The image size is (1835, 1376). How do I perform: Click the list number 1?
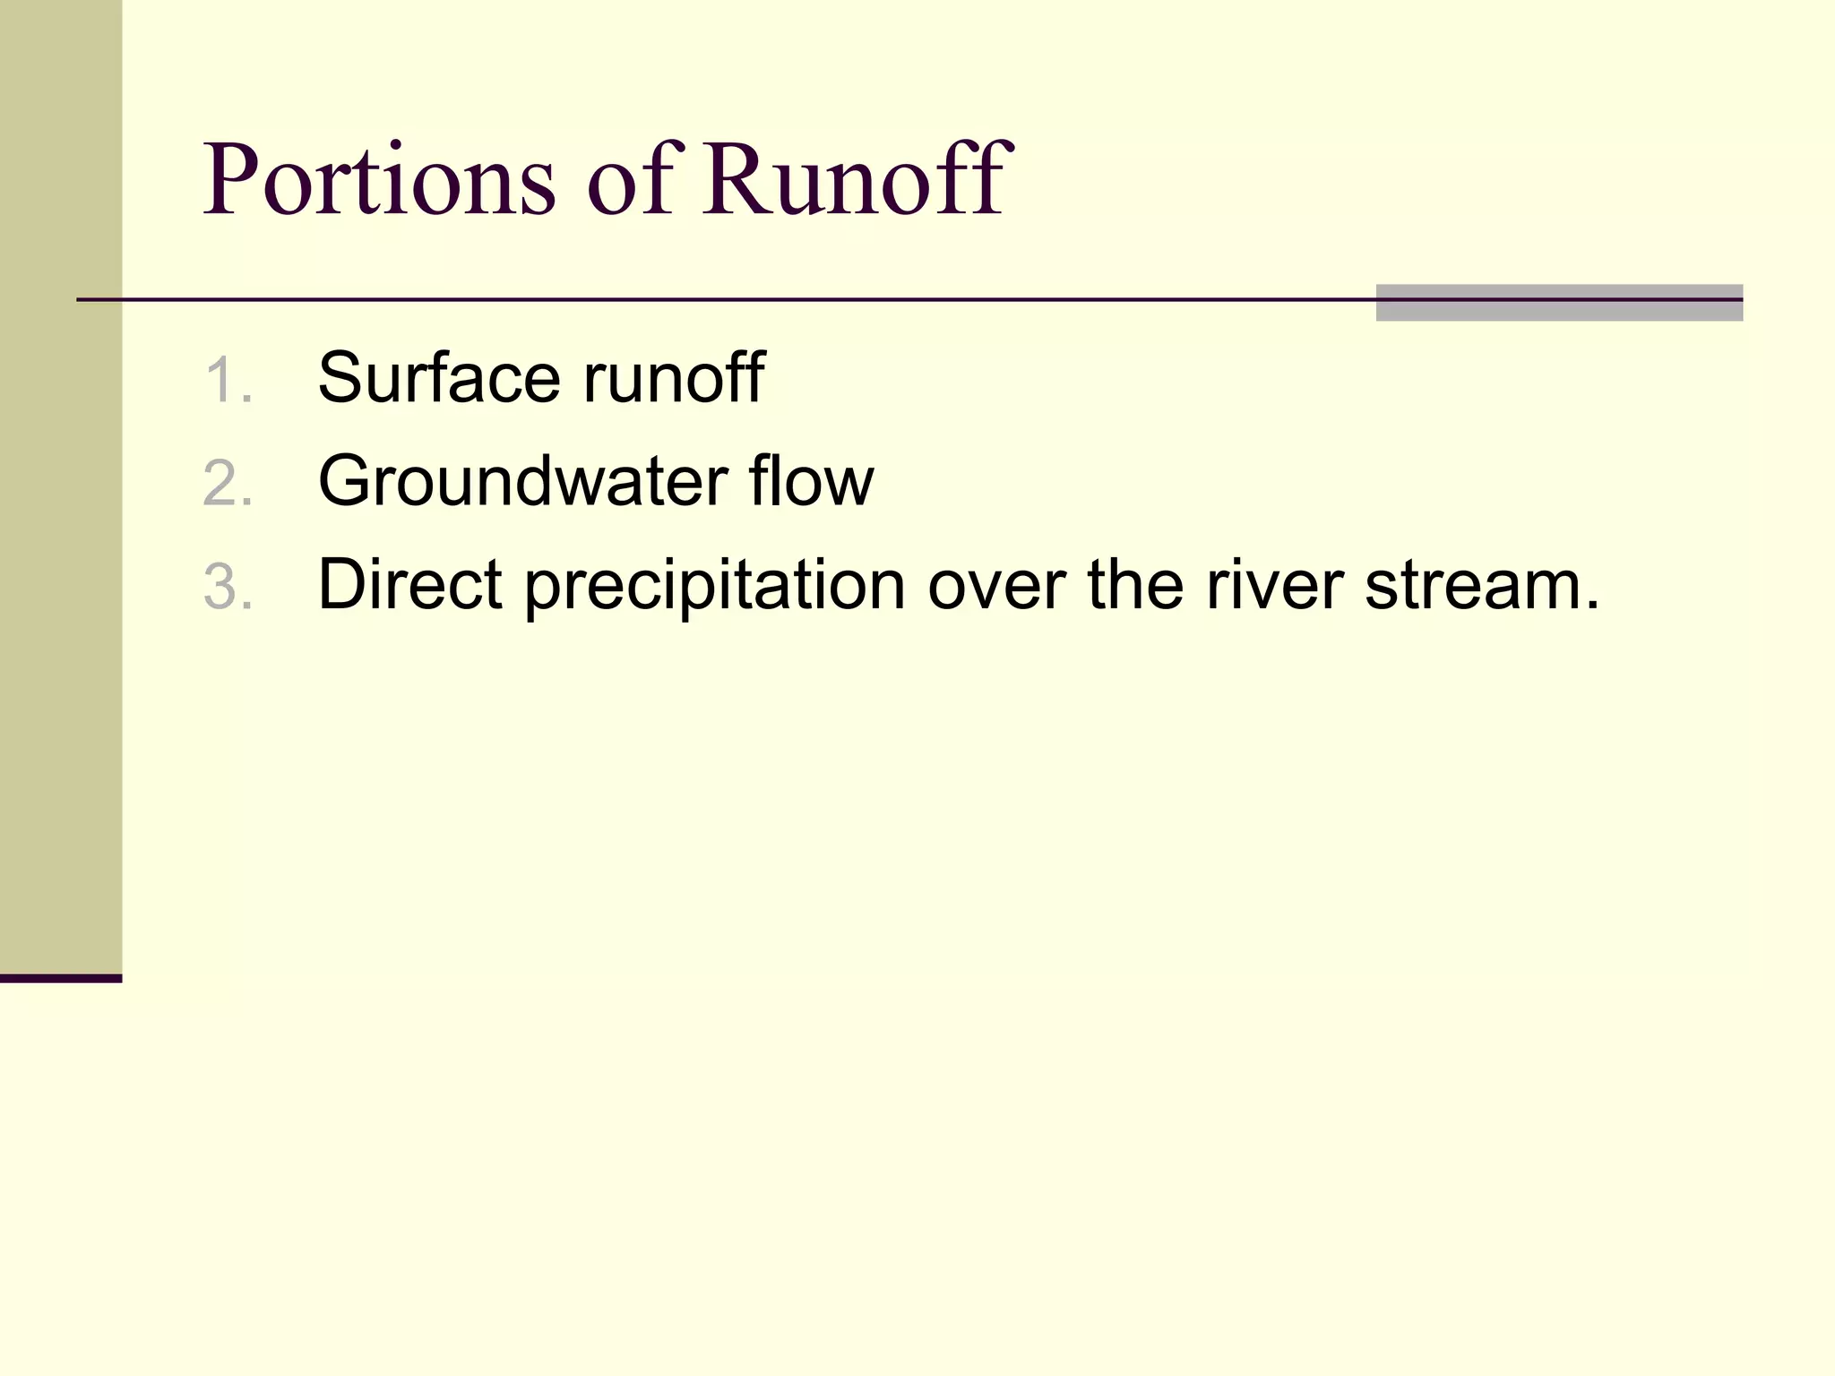click(x=226, y=380)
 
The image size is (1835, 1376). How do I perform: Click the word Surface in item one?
click(x=440, y=378)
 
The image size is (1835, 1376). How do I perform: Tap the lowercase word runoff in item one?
click(x=674, y=378)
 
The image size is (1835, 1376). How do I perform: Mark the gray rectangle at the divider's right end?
click(x=1559, y=303)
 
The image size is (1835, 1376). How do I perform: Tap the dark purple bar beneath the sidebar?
click(x=61, y=978)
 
